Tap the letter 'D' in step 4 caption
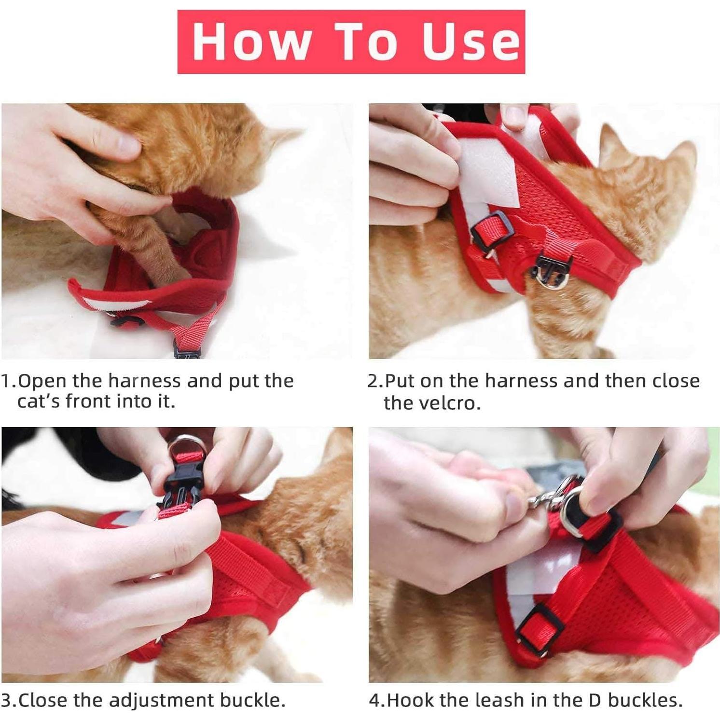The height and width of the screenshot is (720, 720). (595, 700)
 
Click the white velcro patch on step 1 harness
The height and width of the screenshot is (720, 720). (111, 304)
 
